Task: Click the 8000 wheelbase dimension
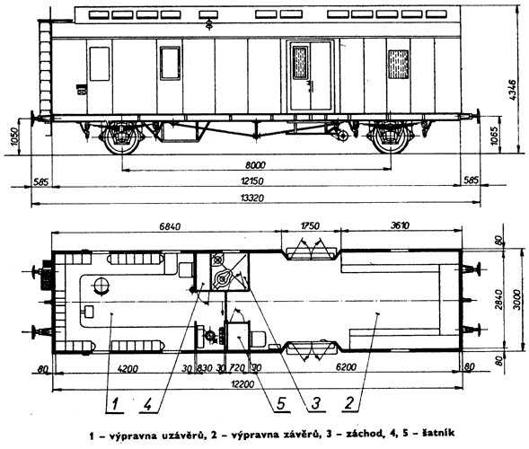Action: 255,165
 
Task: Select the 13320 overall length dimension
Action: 252,198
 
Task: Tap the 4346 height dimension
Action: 513,90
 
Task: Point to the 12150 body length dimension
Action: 252,181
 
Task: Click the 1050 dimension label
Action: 14,136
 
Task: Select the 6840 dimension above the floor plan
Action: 170,226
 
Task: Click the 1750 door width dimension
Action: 309,225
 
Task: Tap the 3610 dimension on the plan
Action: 401,225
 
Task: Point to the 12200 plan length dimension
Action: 242,383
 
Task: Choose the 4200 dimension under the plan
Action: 128,368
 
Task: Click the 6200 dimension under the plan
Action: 346,366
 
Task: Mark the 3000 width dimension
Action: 516,300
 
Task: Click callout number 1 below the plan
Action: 115,404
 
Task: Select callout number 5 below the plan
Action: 281,403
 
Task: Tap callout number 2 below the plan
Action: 349,403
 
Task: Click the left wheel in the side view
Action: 121,138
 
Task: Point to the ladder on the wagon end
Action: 45,66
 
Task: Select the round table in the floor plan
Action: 101,286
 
